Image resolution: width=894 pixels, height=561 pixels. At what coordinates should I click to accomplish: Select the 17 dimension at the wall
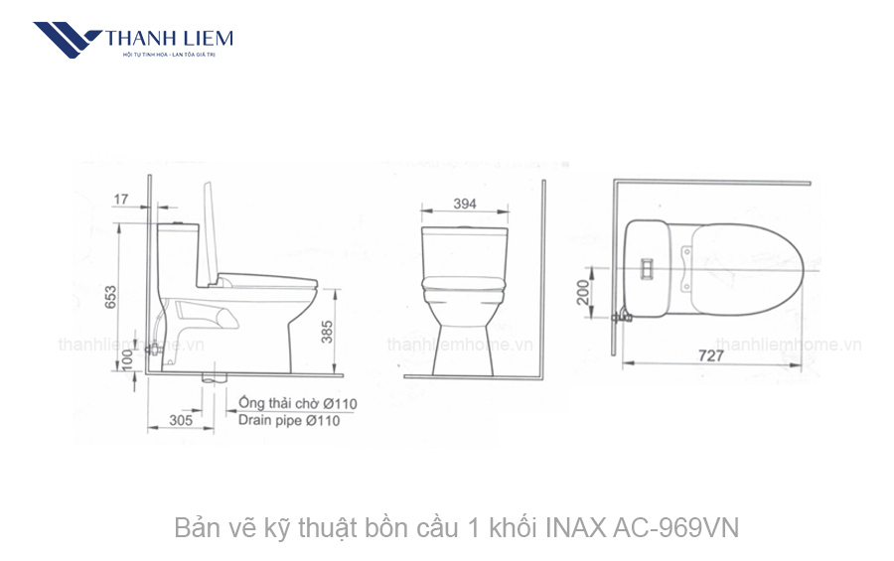121,200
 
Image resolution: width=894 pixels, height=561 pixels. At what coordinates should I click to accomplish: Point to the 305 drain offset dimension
180,420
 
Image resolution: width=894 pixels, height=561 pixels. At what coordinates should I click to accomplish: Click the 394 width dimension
465,204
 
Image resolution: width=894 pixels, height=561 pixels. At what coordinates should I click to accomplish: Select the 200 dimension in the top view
585,291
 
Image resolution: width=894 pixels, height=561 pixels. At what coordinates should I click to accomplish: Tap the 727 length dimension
709,354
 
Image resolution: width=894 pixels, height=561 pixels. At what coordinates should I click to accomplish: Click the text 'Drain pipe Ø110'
289,421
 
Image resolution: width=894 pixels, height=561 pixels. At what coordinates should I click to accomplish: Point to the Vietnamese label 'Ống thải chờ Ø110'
297,403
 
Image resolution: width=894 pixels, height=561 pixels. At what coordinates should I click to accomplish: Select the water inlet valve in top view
623,316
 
